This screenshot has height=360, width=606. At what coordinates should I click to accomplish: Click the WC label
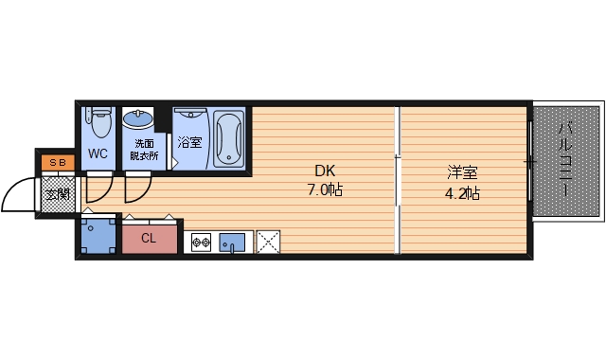click(x=98, y=153)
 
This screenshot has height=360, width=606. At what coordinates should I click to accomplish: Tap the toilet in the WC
click(x=98, y=123)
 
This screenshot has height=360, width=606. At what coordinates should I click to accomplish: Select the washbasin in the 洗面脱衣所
click(x=138, y=121)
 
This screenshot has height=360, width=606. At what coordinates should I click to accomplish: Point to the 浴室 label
click(x=189, y=143)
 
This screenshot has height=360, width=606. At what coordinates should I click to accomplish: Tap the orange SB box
click(x=57, y=163)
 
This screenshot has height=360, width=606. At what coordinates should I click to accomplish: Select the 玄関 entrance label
click(x=58, y=194)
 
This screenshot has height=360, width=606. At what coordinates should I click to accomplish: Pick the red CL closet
click(x=150, y=239)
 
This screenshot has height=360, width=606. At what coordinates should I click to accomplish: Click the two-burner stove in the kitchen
click(x=201, y=243)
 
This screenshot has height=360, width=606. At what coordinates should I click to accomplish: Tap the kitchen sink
click(x=232, y=243)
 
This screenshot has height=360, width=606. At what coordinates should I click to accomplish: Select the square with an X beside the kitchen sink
click(x=269, y=243)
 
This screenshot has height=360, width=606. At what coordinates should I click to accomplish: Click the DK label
click(x=326, y=171)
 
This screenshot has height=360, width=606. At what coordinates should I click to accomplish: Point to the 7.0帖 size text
click(x=326, y=190)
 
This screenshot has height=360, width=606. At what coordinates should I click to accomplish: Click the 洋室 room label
click(x=462, y=172)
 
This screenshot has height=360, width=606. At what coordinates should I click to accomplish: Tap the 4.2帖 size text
click(x=462, y=193)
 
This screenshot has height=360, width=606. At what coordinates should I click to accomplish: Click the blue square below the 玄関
click(x=98, y=237)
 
